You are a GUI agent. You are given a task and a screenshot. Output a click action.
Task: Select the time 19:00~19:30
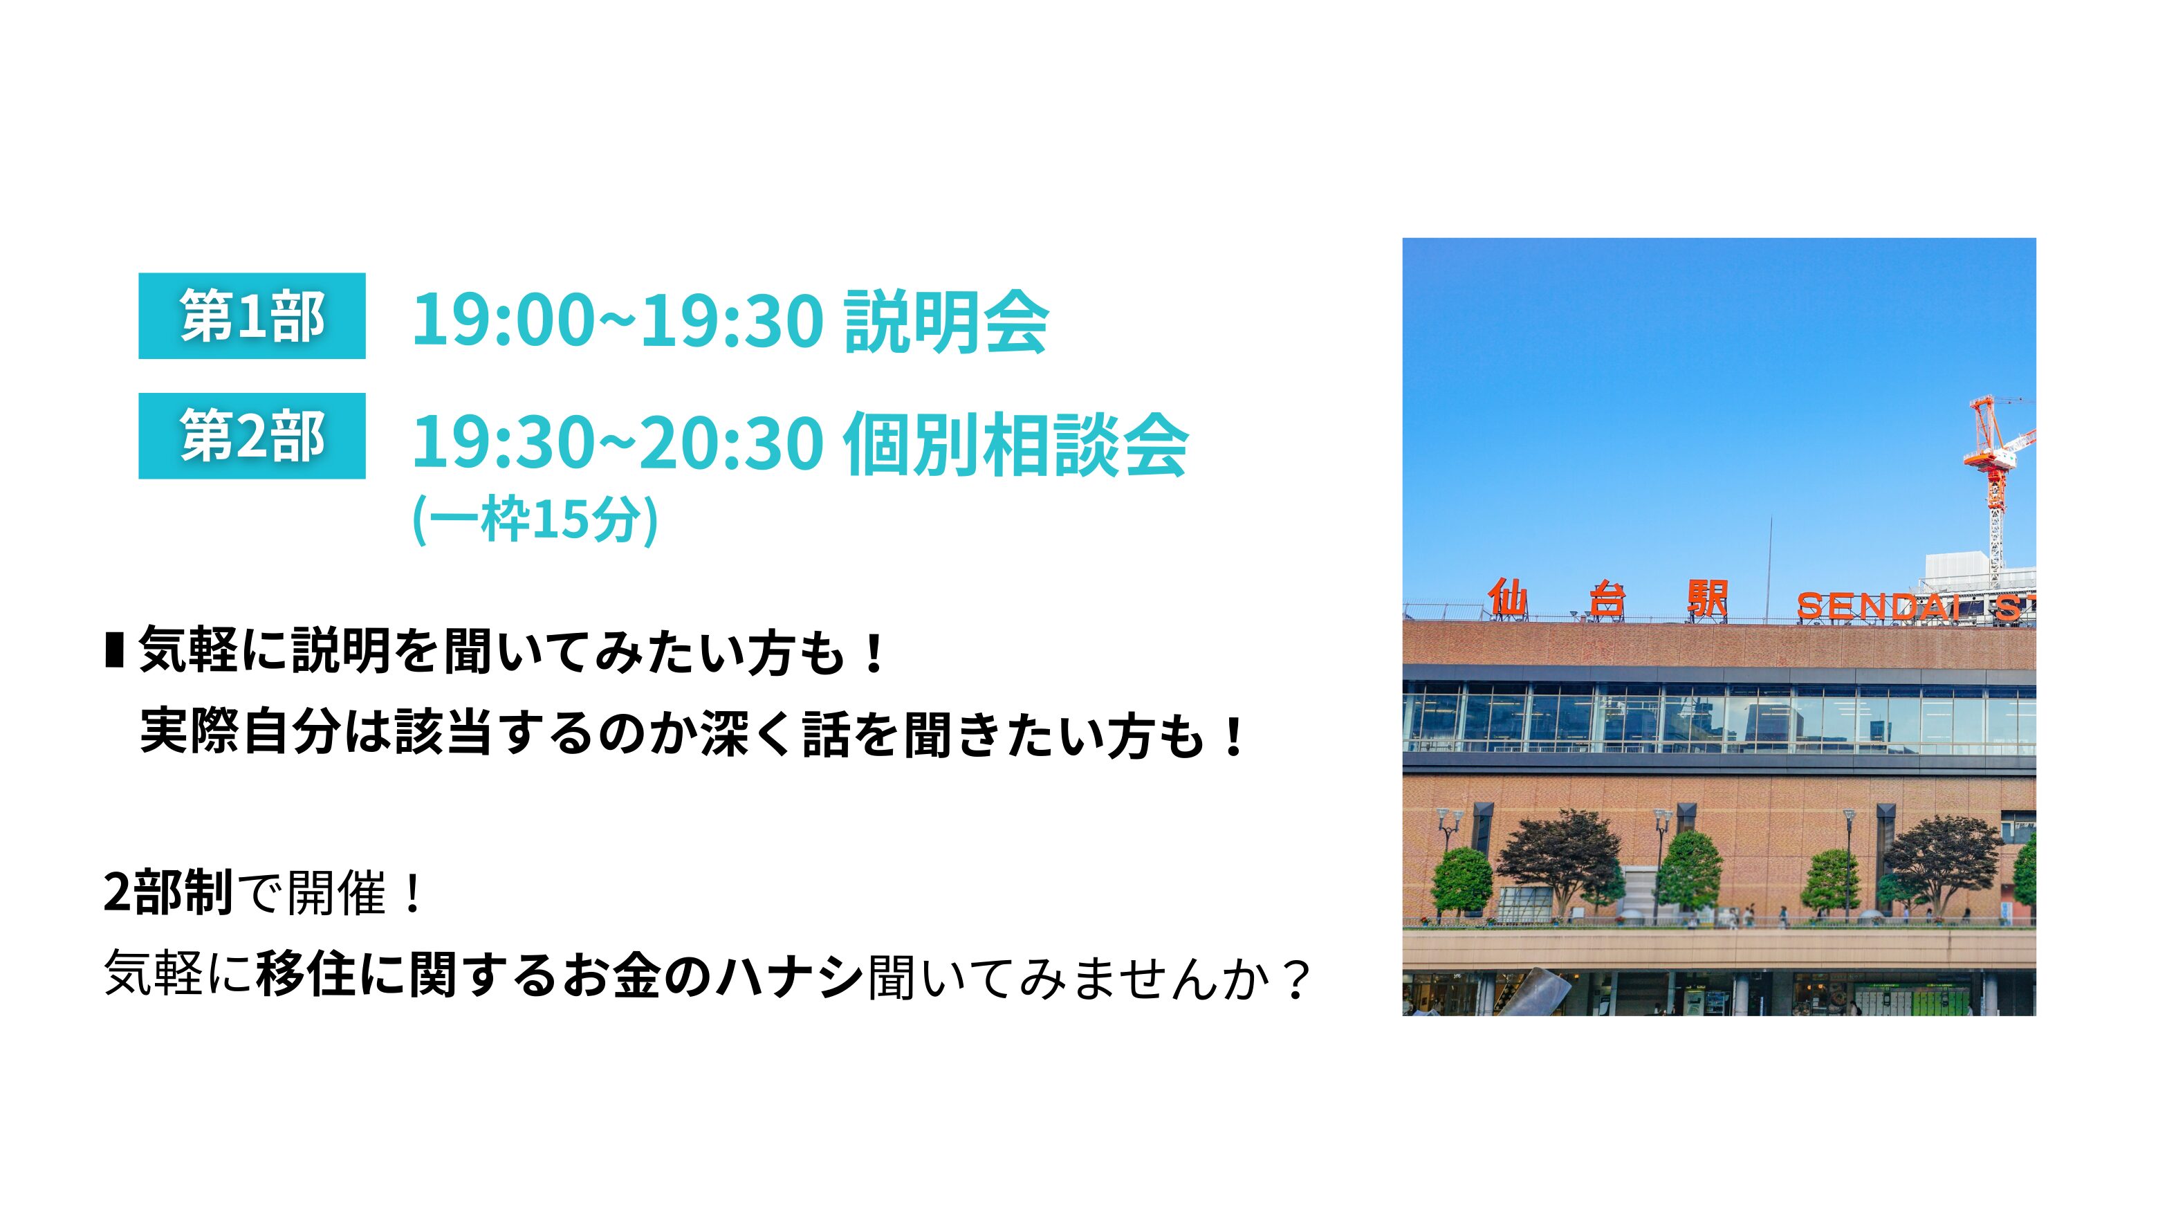tap(618, 321)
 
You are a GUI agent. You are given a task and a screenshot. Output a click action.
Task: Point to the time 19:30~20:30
tap(618, 443)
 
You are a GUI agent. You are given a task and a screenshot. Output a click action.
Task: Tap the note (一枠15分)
tap(535, 519)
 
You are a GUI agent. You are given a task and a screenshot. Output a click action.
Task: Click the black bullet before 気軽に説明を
tap(115, 650)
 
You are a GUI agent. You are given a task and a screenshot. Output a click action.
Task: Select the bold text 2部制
tap(168, 892)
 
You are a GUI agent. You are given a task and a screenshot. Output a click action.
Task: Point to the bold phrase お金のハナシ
tap(713, 975)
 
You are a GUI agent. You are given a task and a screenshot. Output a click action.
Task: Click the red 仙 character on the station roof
tap(1508, 598)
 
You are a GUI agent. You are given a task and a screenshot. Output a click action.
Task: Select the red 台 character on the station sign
tap(1607, 600)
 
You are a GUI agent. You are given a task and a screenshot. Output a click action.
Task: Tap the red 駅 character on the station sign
tap(1707, 600)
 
